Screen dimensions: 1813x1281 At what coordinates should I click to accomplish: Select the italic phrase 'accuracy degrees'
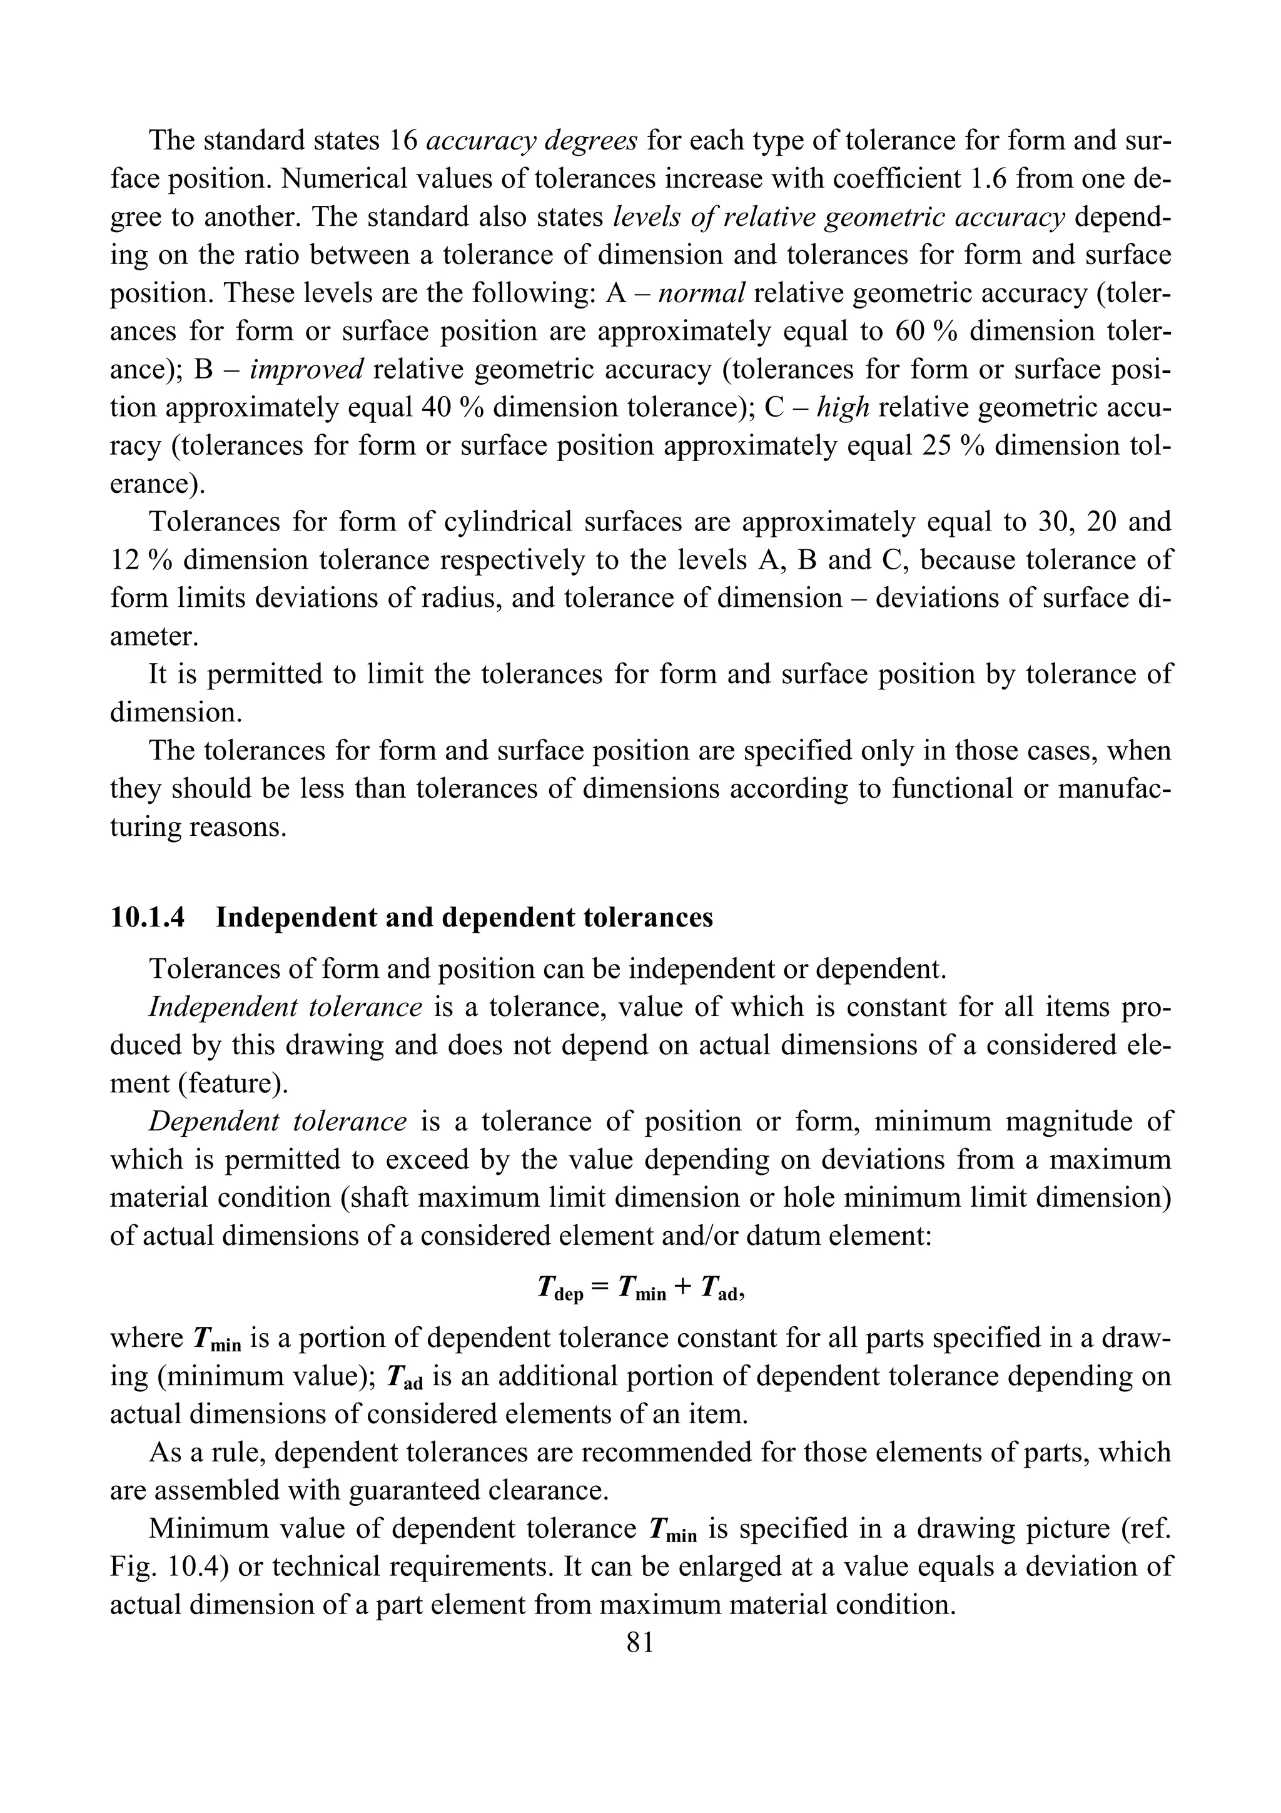[x=531, y=141]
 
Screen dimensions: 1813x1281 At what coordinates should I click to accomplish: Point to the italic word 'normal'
[x=702, y=293]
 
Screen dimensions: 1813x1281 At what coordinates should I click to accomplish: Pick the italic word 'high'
[x=843, y=407]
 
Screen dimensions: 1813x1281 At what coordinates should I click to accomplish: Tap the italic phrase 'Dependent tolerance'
[x=277, y=1121]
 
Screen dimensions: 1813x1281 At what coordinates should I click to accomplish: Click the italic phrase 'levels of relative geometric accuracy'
[x=839, y=216]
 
